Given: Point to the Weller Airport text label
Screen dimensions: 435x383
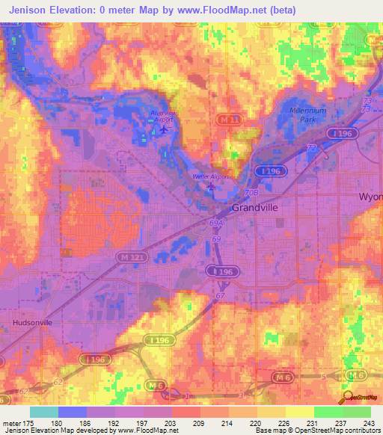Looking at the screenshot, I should [209, 176].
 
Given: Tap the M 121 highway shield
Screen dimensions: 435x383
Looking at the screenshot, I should [129, 257].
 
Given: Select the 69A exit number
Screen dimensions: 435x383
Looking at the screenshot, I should [217, 223].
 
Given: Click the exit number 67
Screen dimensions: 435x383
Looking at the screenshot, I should [220, 297].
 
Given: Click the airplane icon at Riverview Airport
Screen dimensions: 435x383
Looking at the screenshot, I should [164, 129].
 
